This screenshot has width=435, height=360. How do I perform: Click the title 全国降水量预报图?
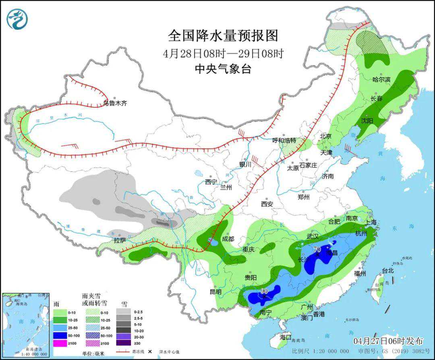click(223, 36)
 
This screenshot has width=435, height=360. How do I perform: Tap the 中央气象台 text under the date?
click(223, 69)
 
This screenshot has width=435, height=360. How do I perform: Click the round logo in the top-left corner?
click(17, 19)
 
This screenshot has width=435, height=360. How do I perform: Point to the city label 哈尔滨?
click(381, 80)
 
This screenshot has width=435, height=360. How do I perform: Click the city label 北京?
click(325, 136)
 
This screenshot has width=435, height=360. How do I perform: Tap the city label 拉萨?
click(120, 240)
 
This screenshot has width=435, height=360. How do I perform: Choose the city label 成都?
click(228, 239)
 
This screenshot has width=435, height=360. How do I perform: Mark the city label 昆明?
click(215, 292)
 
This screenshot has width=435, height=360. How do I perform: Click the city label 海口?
click(285, 337)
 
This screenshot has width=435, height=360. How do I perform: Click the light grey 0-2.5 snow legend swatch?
click(123, 311)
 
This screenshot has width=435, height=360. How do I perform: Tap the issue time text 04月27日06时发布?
click(388, 341)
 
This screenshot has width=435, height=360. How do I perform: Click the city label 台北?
click(388, 271)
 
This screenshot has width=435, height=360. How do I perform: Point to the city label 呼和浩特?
click(284, 141)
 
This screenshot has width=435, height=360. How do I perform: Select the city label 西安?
click(267, 204)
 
